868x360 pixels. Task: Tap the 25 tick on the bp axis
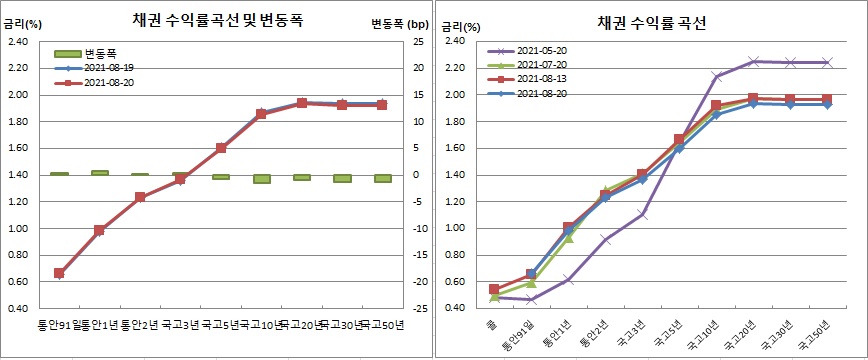tap(417, 41)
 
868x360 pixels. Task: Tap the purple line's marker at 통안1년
tap(568, 280)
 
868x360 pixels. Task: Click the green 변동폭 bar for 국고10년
tap(262, 179)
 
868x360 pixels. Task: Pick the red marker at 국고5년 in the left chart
tap(221, 148)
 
